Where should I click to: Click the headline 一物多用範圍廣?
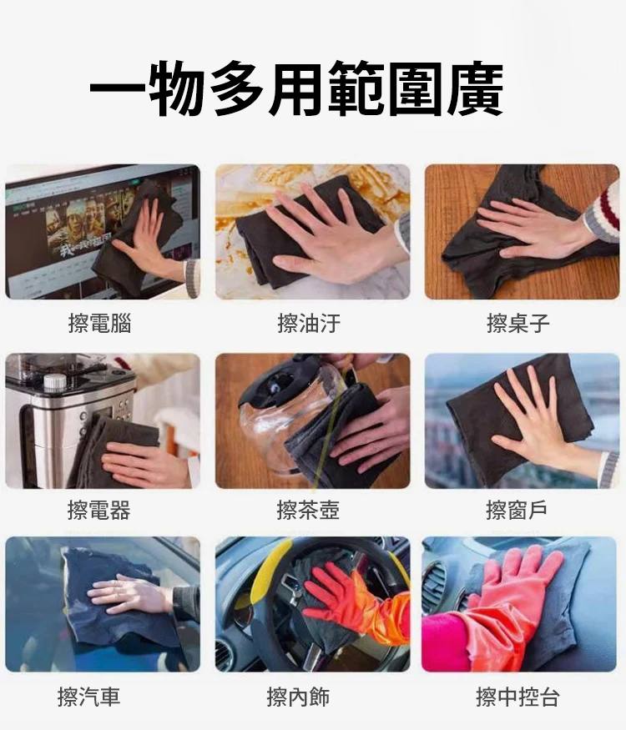pyautogui.click(x=296, y=88)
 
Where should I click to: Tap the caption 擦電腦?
pyautogui.click(x=99, y=324)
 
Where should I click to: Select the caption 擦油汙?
pyautogui.click(x=309, y=324)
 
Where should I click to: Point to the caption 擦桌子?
pyautogui.click(x=518, y=324)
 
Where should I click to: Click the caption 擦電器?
pyautogui.click(x=99, y=509)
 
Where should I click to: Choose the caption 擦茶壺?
pyautogui.click(x=309, y=509)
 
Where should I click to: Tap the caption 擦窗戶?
pyautogui.click(x=518, y=509)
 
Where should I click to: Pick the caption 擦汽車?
pyautogui.click(x=89, y=697)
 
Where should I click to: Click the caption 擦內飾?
pyautogui.click(x=298, y=697)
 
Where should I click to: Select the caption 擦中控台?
pyautogui.click(x=517, y=697)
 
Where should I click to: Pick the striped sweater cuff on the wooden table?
pyautogui.click(x=603, y=215)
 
